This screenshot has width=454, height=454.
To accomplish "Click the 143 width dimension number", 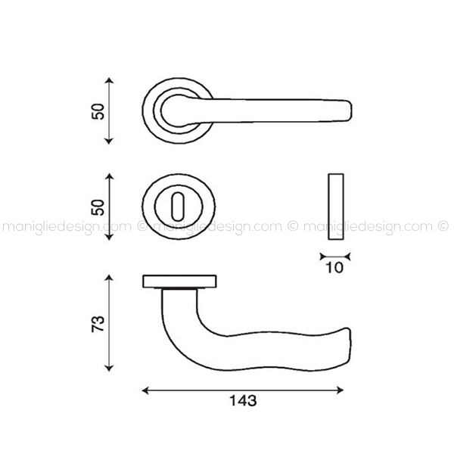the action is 243,401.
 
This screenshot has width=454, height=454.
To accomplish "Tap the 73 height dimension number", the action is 98,324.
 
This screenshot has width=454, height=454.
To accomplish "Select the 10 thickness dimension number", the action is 334,268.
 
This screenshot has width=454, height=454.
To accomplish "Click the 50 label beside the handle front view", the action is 98,111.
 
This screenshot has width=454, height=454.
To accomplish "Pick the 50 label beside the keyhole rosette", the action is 98,207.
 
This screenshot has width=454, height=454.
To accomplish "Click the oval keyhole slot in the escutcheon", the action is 179,207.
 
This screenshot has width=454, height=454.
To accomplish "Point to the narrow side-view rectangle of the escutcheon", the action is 336,207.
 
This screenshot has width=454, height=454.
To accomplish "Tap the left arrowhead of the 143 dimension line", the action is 145,390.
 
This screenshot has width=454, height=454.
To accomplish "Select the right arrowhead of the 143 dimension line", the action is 340,390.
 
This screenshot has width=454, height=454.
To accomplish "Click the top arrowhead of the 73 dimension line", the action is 108,278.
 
